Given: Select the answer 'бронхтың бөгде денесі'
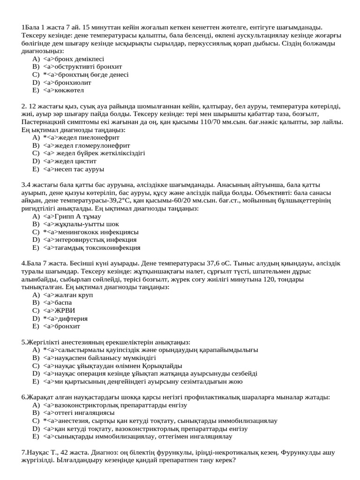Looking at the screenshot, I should [x=85, y=75].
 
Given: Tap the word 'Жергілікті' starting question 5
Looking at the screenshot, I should [x=45, y=342].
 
